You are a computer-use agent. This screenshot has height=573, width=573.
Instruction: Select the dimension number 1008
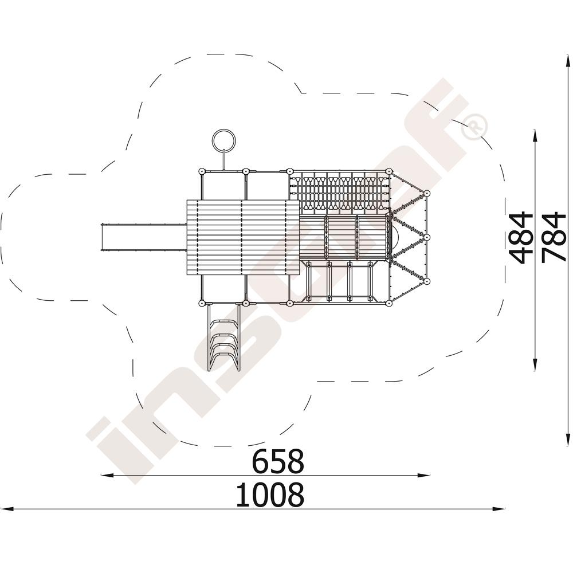270,494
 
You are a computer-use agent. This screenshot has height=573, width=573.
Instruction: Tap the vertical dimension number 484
521,238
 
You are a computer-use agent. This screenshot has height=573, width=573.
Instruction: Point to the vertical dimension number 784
554,238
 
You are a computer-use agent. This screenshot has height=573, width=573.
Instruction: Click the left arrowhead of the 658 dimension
107,475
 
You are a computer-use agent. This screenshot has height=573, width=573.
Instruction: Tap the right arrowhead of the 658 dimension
424,475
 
